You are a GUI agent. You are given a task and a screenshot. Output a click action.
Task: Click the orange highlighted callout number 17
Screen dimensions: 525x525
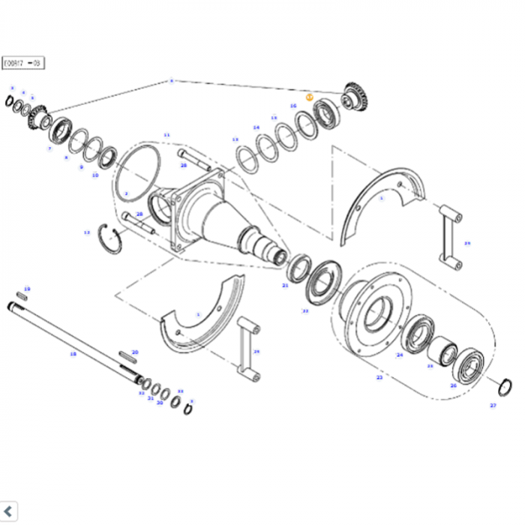coord(309,97)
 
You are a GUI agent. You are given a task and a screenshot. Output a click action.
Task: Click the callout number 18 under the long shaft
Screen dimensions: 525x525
coord(73,353)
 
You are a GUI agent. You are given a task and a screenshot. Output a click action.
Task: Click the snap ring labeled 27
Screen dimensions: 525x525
coord(505,388)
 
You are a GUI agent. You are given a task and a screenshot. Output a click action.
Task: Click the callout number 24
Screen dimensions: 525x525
coord(400,355)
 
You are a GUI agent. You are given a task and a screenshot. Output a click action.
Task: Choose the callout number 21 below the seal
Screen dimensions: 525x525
coord(285,286)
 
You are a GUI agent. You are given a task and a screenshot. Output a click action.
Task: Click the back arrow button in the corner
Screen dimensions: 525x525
coord(7,513)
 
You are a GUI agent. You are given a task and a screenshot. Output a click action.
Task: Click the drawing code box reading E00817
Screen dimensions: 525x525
coord(23,64)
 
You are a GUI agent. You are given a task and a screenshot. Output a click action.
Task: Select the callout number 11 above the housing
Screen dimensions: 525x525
coord(166,135)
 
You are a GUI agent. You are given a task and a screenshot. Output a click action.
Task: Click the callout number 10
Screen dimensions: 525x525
coord(95,175)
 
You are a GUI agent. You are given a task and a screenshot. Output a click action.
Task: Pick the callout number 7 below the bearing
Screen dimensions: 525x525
coord(49,148)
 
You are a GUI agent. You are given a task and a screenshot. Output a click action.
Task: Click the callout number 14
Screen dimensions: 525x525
coord(256,127)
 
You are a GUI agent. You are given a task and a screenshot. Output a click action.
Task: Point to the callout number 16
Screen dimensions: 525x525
coord(293,106)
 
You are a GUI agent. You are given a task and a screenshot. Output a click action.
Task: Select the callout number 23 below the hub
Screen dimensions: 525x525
coord(379,377)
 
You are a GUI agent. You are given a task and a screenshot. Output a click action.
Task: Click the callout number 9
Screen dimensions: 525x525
coord(81,166)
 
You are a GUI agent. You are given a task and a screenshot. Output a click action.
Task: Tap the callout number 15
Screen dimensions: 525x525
coord(274,118)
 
